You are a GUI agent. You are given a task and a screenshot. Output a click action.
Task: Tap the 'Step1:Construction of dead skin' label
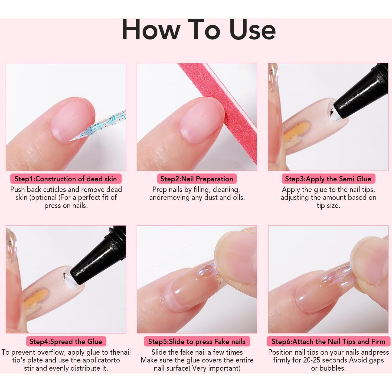[66, 179]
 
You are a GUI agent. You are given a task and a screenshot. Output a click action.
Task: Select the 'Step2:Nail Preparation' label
[197, 179]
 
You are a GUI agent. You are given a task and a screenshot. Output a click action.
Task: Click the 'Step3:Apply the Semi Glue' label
[328, 179]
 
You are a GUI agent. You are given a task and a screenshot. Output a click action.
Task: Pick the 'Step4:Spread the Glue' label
[66, 342]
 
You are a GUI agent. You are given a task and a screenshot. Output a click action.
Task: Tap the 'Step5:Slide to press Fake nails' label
[197, 342]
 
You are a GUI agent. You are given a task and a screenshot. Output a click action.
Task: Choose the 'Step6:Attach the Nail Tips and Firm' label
[328, 342]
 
